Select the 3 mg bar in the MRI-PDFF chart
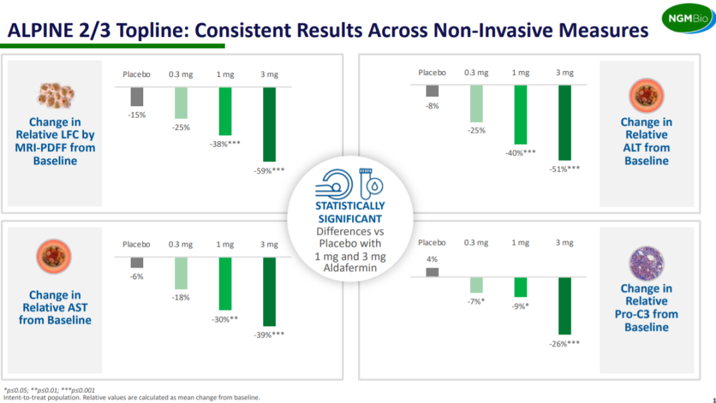coord(269,124)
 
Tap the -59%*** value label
coord(269,170)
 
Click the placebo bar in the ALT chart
coord(432,91)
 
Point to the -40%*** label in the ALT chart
coord(520,152)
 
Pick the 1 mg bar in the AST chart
coord(225,283)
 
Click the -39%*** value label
coord(269,335)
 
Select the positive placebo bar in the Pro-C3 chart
coord(432,272)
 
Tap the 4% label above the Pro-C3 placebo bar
coord(432,259)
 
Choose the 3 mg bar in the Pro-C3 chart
coord(564,305)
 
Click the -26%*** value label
coord(564,343)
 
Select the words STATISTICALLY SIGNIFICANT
coord(350,212)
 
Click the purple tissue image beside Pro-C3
coord(646,261)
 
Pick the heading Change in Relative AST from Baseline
coord(55,308)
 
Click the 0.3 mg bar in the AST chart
coord(180,273)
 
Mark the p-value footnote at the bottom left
coord(50,390)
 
